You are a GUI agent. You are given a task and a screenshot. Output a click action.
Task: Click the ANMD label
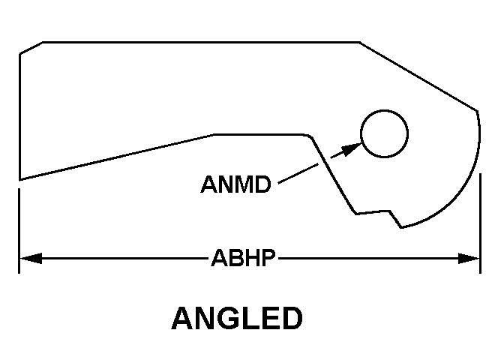235,184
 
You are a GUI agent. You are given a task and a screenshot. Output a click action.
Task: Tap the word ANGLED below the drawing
237,318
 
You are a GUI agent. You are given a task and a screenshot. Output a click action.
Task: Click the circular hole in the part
384,134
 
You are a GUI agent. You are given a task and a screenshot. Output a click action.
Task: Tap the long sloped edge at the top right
418,75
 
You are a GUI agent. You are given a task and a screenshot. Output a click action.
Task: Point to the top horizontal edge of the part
202,42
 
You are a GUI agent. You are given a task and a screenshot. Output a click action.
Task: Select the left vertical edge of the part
19,112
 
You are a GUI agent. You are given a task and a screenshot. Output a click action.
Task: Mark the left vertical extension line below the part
19,225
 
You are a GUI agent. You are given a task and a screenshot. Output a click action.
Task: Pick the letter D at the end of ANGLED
292,318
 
